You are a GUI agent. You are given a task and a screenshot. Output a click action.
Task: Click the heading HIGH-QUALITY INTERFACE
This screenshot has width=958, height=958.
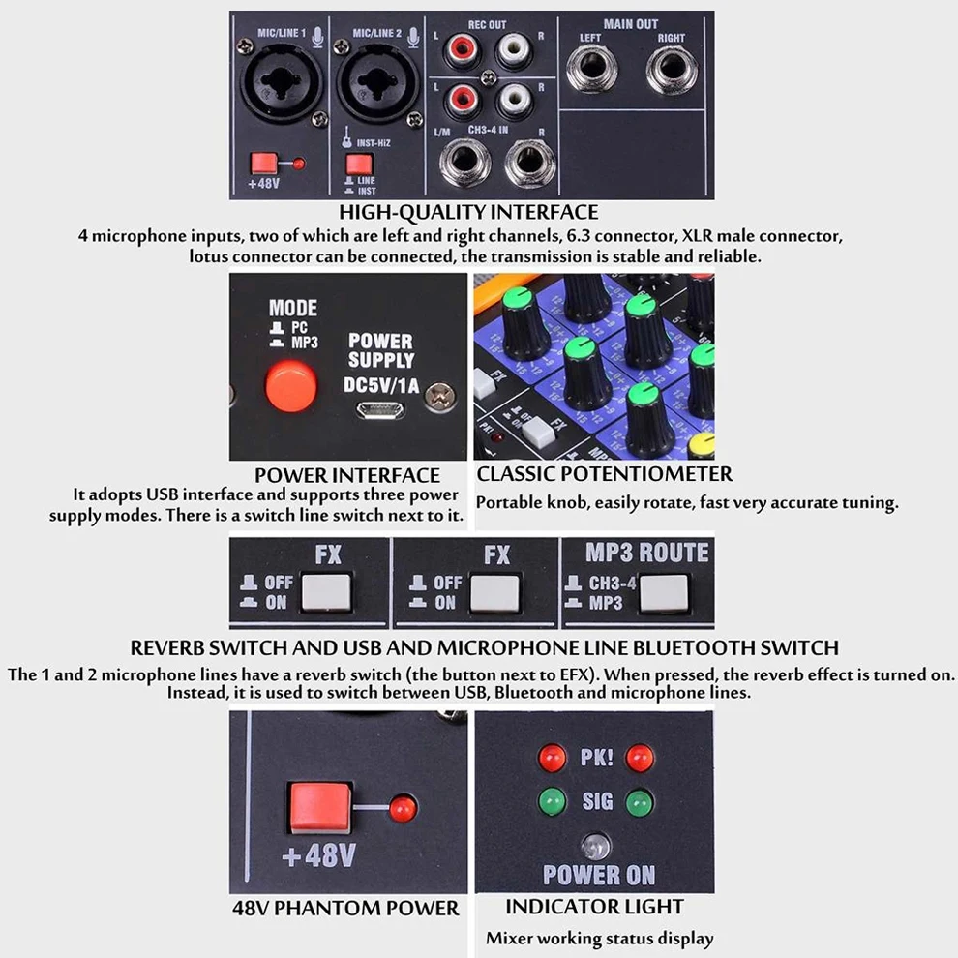point(468,212)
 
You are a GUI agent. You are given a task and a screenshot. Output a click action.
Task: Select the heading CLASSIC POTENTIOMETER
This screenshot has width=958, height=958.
point(604,474)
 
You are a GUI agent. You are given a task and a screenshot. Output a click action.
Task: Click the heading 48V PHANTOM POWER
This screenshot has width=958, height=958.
point(345,909)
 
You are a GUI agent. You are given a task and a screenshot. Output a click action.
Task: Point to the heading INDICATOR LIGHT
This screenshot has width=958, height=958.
point(594,907)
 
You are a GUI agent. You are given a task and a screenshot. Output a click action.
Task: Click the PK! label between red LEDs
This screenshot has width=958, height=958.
point(596,756)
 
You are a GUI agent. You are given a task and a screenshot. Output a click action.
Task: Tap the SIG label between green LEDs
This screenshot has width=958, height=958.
point(596,802)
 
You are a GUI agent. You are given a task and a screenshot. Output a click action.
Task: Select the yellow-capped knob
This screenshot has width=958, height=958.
point(704,443)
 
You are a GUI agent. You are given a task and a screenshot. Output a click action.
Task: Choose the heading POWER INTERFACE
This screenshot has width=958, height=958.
point(346,475)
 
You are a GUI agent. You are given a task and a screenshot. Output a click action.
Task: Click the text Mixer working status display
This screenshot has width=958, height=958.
point(599,938)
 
